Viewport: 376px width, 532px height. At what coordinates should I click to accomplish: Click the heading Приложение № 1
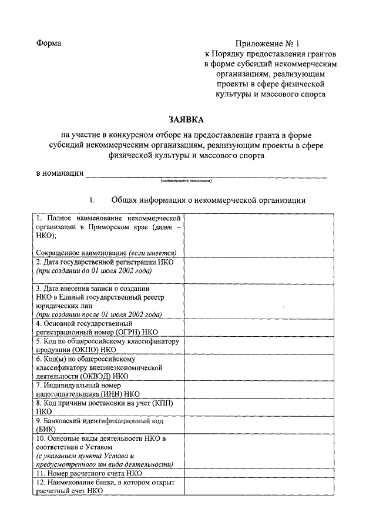coord(268,44)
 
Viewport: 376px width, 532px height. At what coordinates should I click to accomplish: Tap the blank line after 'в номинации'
coord(206,174)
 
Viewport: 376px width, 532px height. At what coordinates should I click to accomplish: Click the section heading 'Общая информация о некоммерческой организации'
coord(209,200)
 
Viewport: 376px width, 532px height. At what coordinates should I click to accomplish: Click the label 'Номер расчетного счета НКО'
coord(89,473)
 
